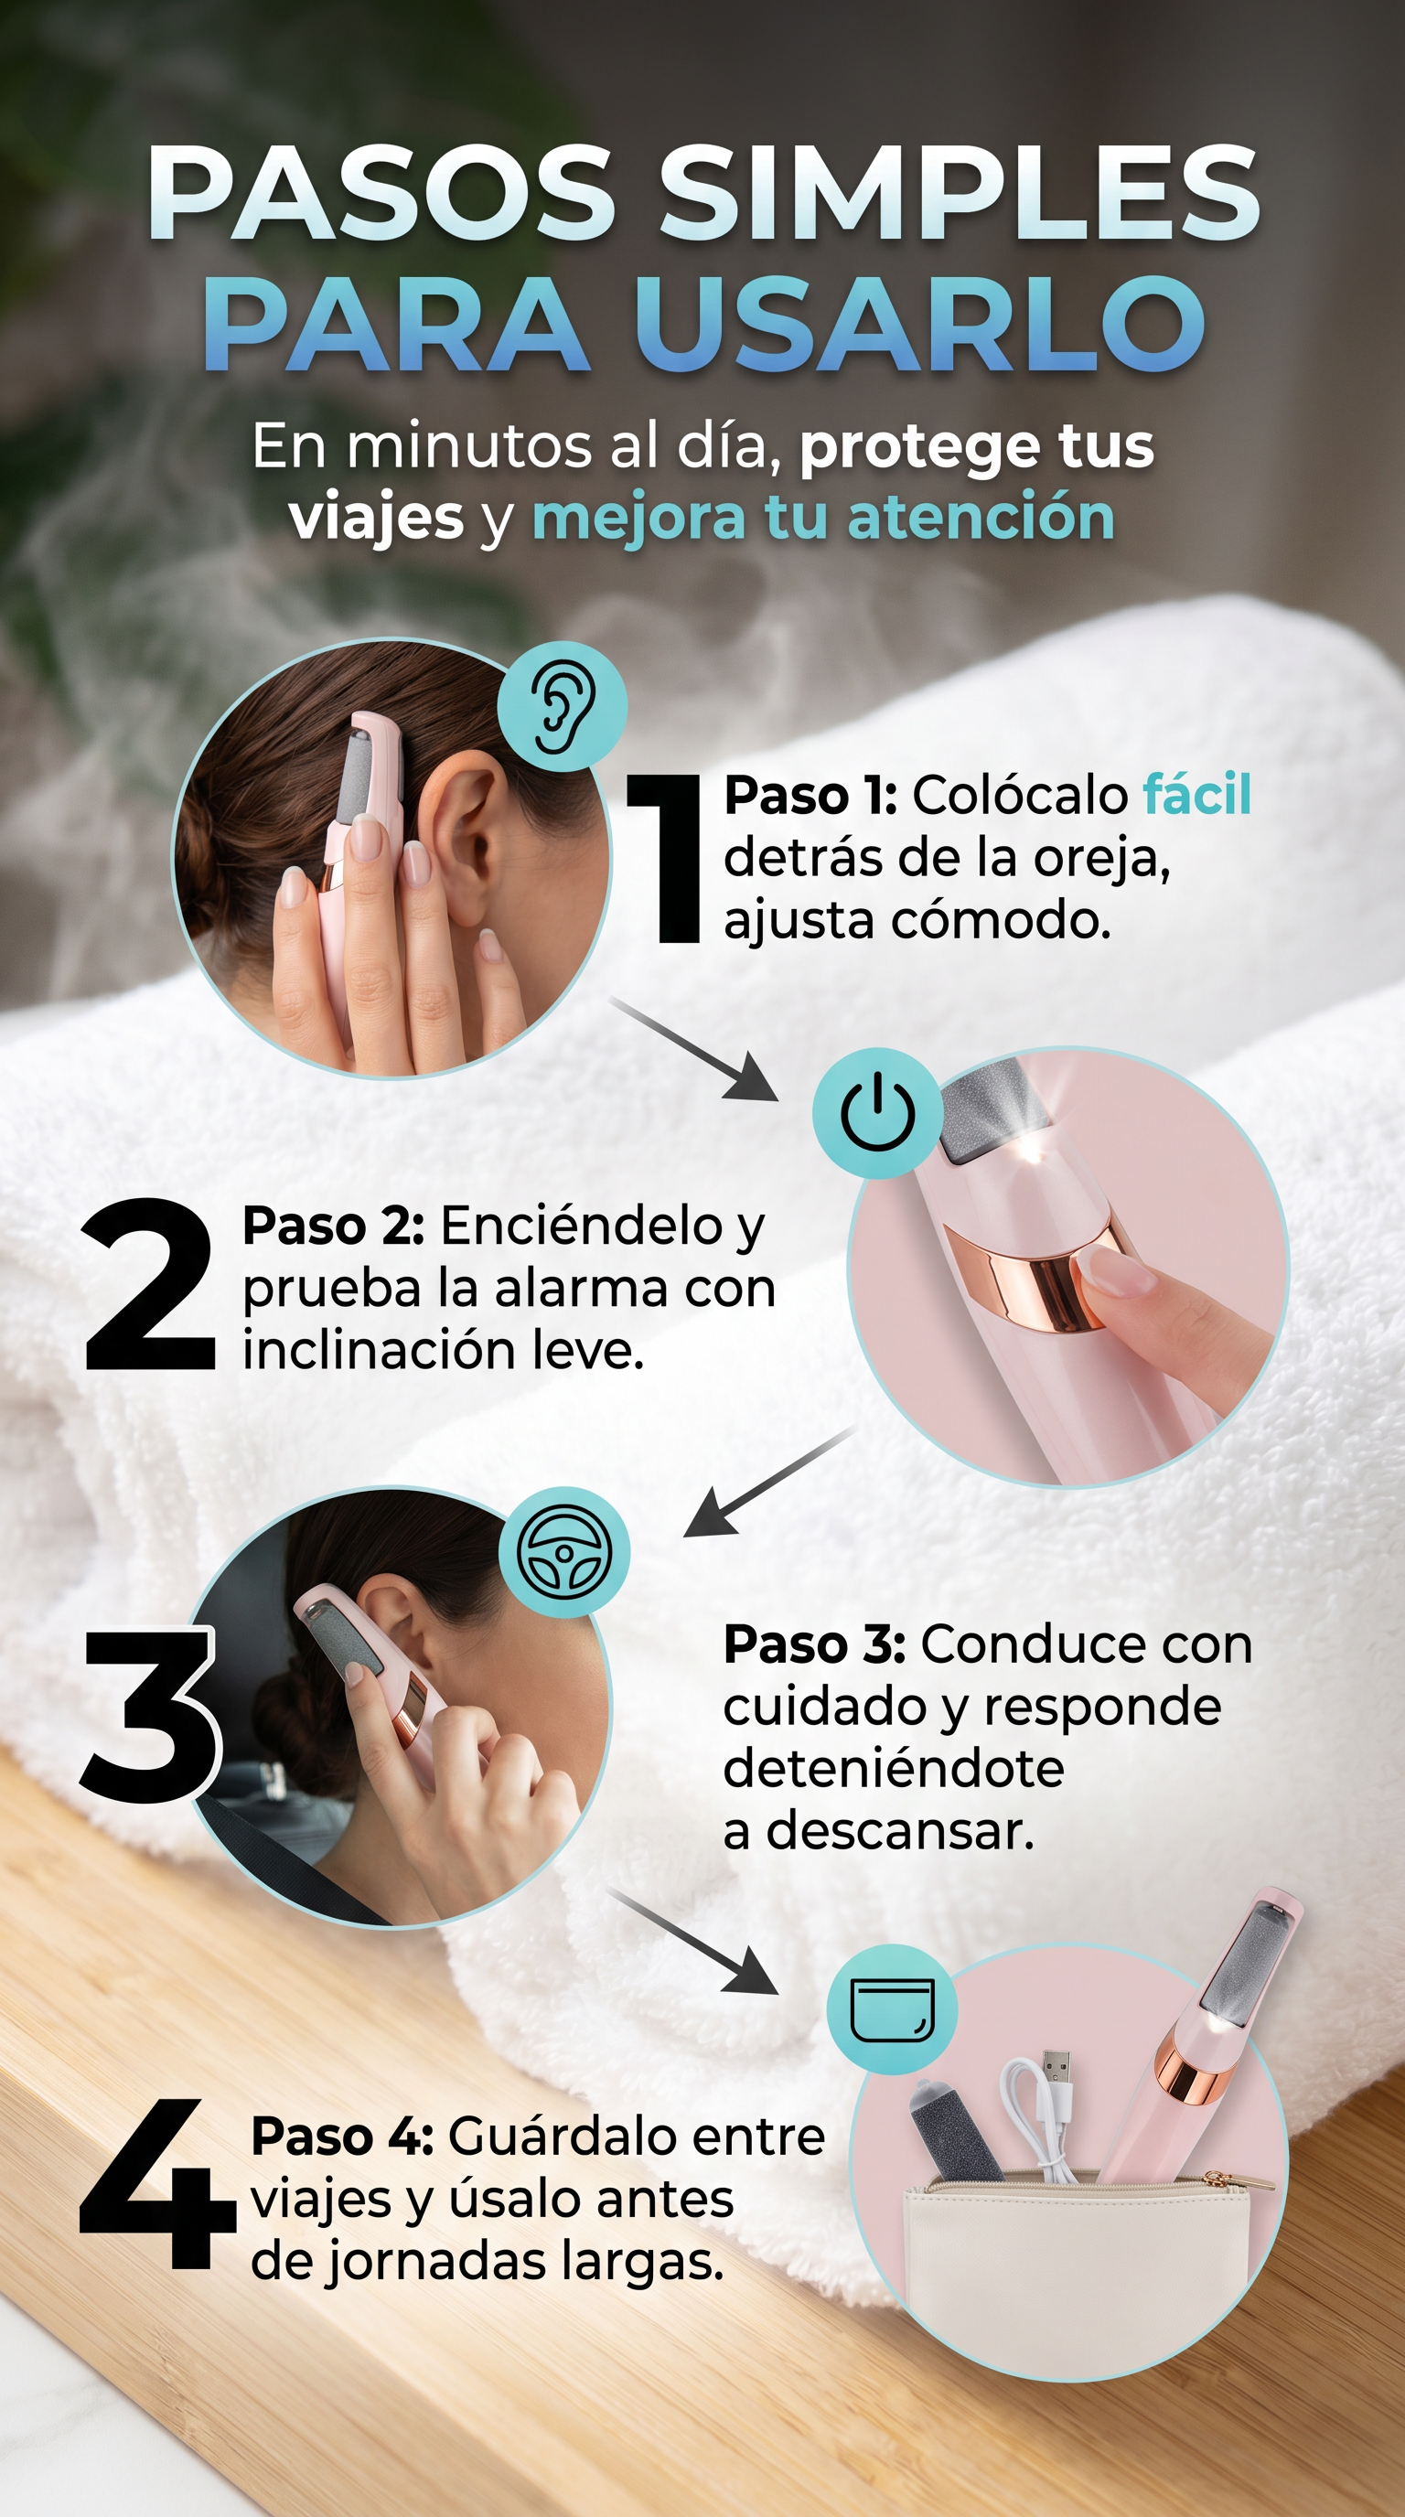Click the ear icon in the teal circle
tap(563, 706)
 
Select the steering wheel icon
tap(563, 1553)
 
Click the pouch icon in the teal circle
tap(892, 2011)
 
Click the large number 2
tap(148, 1284)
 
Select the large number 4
tap(156, 2184)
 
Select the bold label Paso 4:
tap(342, 2137)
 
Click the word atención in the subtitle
tap(981, 517)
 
